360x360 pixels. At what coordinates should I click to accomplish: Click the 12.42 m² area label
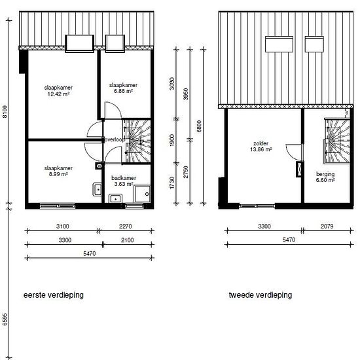point(58,94)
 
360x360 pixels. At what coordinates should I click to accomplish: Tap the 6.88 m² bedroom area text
point(123,91)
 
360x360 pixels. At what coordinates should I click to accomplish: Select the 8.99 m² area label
point(58,174)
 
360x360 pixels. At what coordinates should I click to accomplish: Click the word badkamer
point(124,178)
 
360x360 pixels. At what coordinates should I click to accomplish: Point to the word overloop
point(115,139)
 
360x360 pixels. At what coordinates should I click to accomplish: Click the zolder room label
point(261,143)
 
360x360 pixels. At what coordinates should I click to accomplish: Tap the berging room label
point(325,174)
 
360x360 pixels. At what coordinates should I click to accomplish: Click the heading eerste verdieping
point(54,295)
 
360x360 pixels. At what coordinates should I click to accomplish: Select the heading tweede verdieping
point(261,295)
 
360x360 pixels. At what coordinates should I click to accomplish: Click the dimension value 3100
point(63,226)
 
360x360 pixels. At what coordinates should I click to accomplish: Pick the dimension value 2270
point(126,226)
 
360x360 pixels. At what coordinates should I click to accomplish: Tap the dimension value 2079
point(327,226)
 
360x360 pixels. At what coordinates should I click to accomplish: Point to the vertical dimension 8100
point(5,111)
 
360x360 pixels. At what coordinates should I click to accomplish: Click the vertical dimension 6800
point(199,126)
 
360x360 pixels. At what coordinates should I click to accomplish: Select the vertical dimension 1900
point(171,140)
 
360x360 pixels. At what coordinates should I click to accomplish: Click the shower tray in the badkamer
point(142,194)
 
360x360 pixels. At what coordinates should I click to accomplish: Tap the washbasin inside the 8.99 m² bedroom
point(98,189)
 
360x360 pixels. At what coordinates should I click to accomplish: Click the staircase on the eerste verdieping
point(136,141)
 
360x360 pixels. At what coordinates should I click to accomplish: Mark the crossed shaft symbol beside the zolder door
point(299,170)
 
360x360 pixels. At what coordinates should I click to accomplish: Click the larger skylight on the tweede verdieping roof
point(279,44)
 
